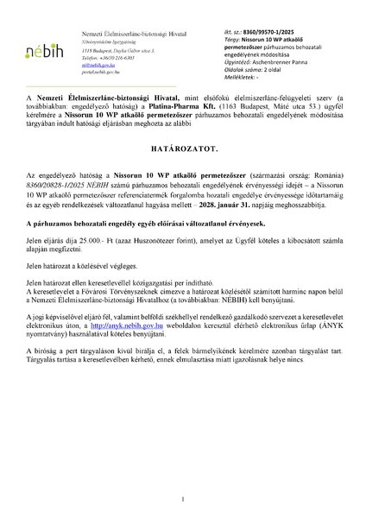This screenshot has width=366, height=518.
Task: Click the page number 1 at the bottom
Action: [x=183, y=500]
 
